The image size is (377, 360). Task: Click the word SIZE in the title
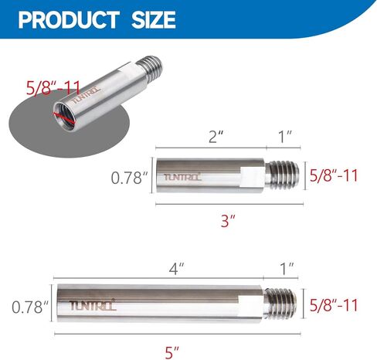point(151,19)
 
